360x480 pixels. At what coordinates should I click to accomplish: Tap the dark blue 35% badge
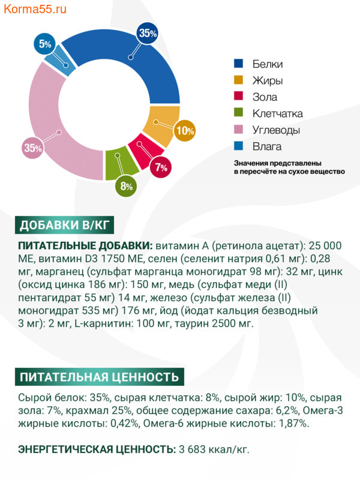tap(147, 34)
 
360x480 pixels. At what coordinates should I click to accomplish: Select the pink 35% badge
tap(32, 148)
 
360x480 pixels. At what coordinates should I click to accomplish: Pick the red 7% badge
tap(160, 168)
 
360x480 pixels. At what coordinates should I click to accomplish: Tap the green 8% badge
tap(126, 185)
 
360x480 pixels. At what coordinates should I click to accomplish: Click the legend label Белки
tap(267, 64)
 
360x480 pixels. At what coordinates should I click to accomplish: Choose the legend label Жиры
tap(267, 80)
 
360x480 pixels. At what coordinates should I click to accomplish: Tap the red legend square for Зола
tap(239, 97)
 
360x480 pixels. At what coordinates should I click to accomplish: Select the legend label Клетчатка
tap(277, 113)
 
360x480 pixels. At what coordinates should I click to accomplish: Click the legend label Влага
tap(266, 146)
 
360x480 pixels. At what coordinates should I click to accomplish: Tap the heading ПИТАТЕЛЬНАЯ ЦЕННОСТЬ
tap(99, 377)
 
